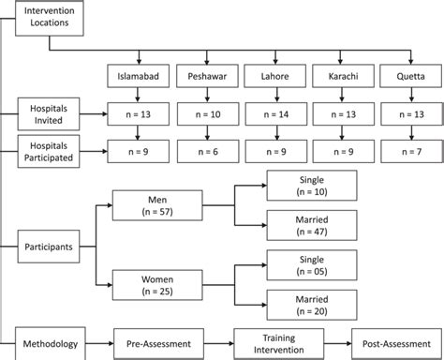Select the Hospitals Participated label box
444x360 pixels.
pyautogui.click(x=49, y=148)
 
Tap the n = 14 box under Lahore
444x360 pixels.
pyautogui.click(x=273, y=114)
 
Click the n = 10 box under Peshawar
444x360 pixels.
pyautogui.click(x=205, y=114)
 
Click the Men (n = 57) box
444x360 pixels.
pyautogui.click(x=151, y=207)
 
